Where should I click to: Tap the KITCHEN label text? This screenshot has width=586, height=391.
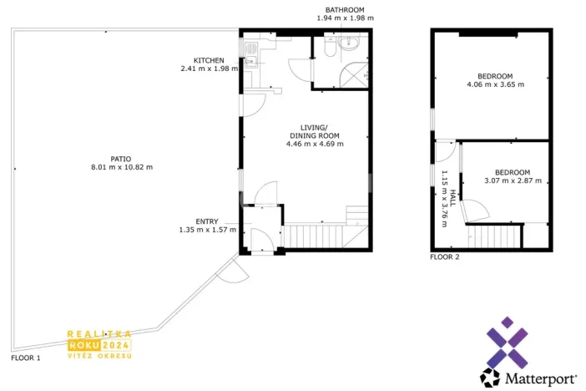tap(209, 60)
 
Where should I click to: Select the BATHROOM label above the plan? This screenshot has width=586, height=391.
tap(345, 8)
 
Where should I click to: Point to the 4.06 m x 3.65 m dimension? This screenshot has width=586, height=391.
tap(495, 84)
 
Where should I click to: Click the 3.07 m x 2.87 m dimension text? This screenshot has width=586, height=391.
tap(513, 180)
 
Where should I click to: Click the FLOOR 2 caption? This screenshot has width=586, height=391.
tap(444, 257)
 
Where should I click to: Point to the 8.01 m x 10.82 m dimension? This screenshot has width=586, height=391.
tap(120, 167)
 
